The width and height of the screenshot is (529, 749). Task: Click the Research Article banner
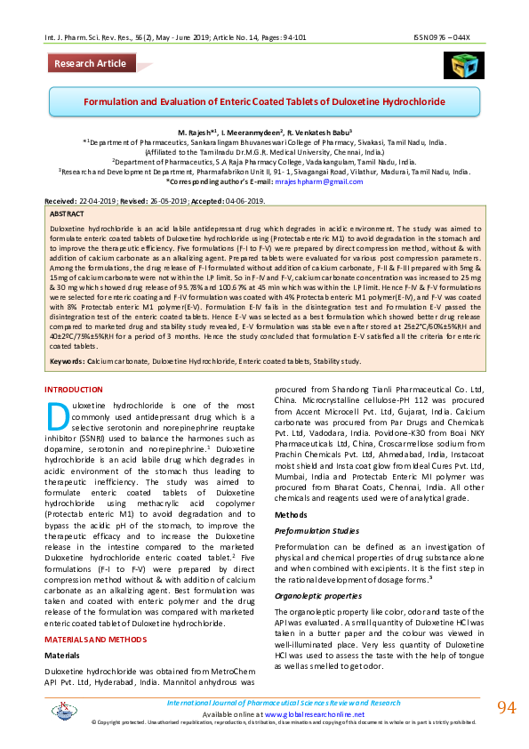90,64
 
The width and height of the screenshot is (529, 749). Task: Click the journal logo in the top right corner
463,62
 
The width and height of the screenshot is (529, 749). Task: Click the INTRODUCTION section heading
80,391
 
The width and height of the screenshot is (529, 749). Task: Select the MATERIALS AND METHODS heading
95,639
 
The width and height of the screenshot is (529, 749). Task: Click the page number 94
506,708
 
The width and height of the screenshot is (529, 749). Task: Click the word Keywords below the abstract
67,361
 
